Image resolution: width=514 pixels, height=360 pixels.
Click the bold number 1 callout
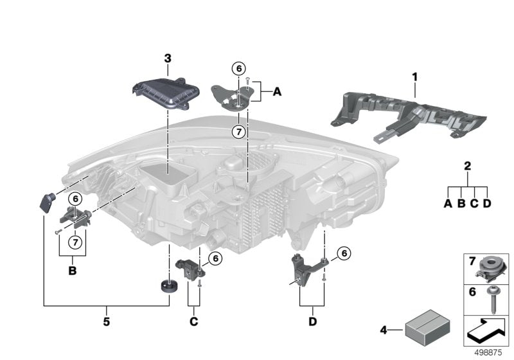point(415,77)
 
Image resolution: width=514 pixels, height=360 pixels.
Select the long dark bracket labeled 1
point(411,116)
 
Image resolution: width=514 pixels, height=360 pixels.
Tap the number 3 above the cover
point(168,59)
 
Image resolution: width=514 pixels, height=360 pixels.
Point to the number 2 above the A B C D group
point(468,166)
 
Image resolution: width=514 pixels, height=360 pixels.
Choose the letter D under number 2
point(487,203)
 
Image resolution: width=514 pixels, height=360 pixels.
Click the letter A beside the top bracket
point(277,93)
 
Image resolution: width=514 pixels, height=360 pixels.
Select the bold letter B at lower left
point(72,271)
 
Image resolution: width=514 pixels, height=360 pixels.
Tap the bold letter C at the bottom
point(193,320)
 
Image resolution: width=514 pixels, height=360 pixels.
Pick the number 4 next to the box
point(384,331)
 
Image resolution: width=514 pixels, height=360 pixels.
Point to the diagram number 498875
point(490,353)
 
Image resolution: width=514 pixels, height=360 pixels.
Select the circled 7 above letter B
point(75,242)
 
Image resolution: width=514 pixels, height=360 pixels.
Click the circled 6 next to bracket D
point(344,253)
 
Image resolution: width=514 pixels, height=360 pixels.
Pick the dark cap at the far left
point(48,202)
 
